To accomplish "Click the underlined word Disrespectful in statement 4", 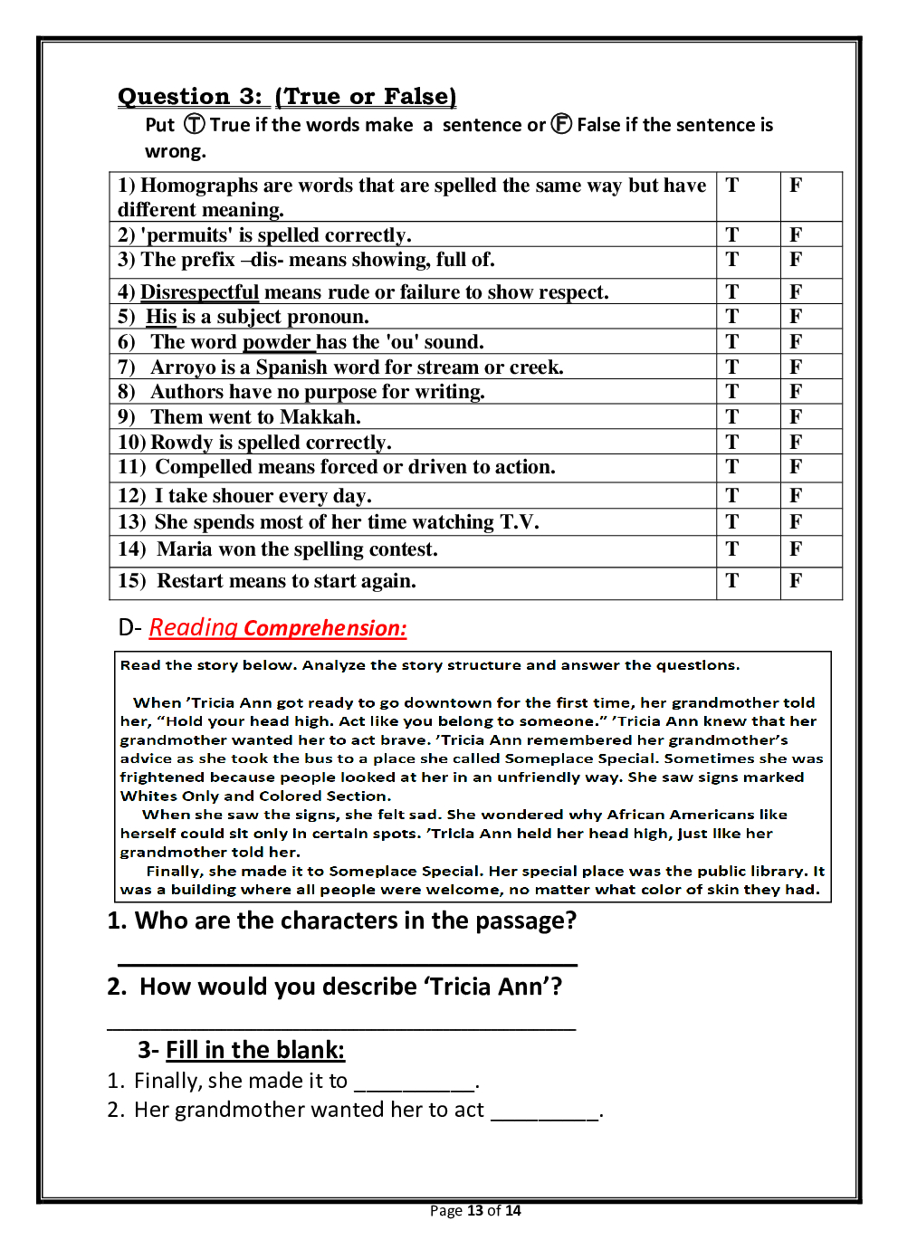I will pos(199,292).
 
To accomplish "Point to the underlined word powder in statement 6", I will pos(277,342).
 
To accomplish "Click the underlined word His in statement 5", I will pos(161,317).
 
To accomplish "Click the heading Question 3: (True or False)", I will pos(287,97).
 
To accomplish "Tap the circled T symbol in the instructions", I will pos(195,124).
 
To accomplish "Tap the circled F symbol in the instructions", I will pos(561,124).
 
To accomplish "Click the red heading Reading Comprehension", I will pos(278,628).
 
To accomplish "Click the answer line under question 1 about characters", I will pos(348,963).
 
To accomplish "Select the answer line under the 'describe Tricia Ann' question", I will pos(341,1028).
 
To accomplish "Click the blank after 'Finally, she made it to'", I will pos(415,1084).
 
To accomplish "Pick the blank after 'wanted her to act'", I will pos(545,1113).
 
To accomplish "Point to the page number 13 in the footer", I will pos(475,1211).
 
